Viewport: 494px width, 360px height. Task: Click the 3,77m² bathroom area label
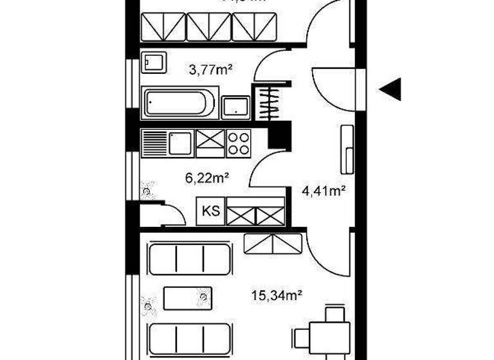click(208, 68)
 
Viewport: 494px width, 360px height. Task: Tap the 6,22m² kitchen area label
click(208, 177)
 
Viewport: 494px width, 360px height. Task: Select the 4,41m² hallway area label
click(324, 190)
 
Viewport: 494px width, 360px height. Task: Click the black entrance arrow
click(390, 89)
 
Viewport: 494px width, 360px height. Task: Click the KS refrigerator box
click(210, 210)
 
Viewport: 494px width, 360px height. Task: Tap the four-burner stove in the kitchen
click(238, 143)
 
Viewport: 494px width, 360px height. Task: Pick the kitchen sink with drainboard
click(166, 143)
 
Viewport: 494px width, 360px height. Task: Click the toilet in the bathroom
click(154, 63)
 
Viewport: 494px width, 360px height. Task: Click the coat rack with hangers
click(269, 102)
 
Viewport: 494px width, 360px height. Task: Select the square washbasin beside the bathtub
click(235, 107)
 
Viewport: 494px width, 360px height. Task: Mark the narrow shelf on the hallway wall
click(347, 149)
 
